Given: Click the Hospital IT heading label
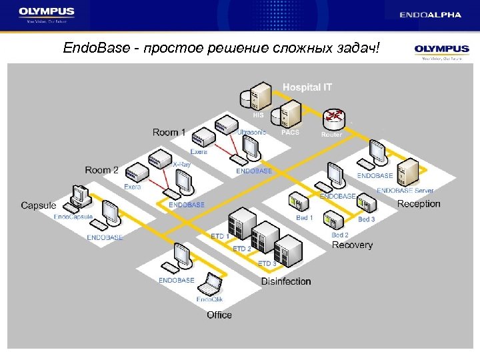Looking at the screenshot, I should (x=307, y=87).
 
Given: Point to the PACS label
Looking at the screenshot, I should (x=291, y=133).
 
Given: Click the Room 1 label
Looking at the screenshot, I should (x=169, y=133).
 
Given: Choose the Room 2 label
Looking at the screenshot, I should (x=101, y=170).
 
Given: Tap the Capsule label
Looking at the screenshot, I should (x=39, y=205).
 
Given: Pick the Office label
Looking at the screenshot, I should (x=219, y=315).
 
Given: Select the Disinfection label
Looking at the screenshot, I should (x=286, y=281).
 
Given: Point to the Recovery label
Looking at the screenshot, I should (x=352, y=245).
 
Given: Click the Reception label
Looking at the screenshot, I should (x=419, y=204).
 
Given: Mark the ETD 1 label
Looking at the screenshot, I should (x=220, y=237).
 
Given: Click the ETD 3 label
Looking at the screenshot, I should (x=267, y=264).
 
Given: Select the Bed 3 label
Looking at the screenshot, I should (x=367, y=219).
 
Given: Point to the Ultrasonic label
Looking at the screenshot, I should (x=251, y=132).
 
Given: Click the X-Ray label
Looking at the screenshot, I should (x=181, y=165).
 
